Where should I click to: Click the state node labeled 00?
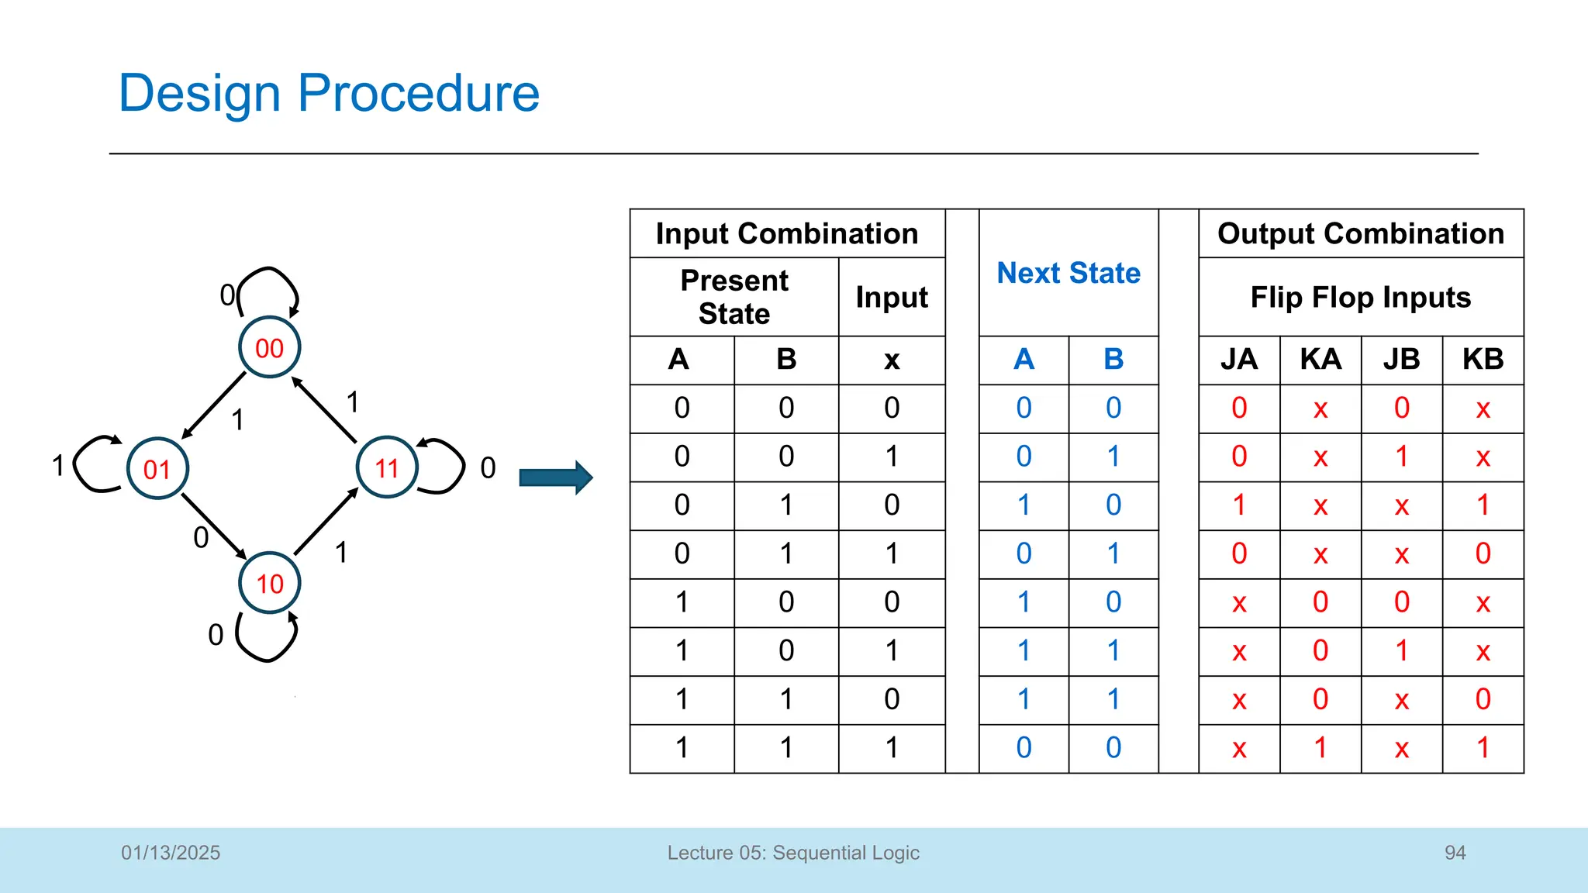point(269,347)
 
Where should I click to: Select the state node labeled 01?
point(157,468)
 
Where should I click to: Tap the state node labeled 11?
point(387,467)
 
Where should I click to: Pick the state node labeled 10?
point(269,583)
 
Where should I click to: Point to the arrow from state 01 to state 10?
point(214,526)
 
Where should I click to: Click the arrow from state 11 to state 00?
point(324,410)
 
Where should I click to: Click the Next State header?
point(1068,273)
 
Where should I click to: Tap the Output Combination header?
point(1360,233)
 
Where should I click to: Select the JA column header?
point(1238,360)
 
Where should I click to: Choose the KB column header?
point(1483,360)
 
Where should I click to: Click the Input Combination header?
point(786,233)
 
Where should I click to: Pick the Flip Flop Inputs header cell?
point(1360,297)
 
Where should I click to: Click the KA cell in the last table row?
point(1320,748)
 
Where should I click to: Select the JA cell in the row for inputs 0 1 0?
point(1238,505)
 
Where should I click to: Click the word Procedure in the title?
point(418,93)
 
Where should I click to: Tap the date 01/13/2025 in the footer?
point(171,853)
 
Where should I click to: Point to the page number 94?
point(1455,853)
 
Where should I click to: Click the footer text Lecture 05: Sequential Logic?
point(793,853)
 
